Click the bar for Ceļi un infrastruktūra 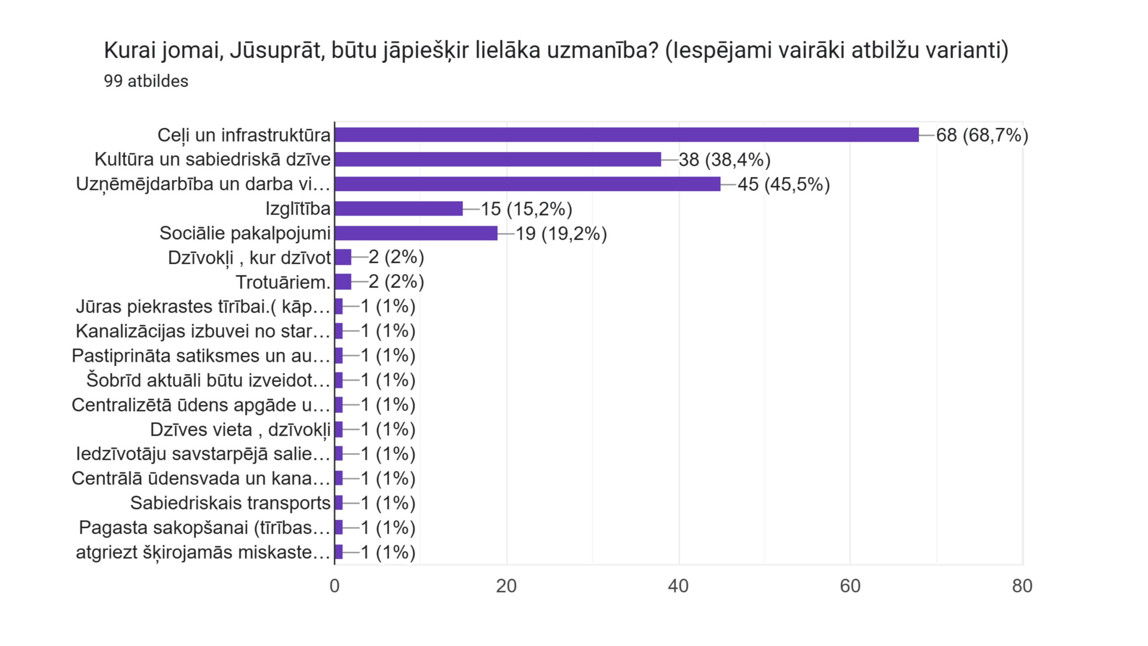(x=626, y=135)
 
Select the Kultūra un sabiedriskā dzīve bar (x=498, y=159)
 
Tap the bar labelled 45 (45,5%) (x=527, y=184)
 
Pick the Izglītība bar (x=399, y=209)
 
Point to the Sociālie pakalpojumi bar (x=416, y=233)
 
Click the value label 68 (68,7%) (x=982, y=135)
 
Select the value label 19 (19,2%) (x=561, y=234)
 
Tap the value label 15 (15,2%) (x=526, y=209)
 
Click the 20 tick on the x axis (x=506, y=586)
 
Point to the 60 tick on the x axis (x=850, y=586)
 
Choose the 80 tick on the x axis (x=1022, y=586)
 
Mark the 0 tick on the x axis (x=335, y=586)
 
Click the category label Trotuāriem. (x=283, y=282)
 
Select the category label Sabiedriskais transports (x=230, y=503)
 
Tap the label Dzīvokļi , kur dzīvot (x=249, y=258)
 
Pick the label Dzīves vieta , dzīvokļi (x=240, y=429)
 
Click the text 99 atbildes (x=146, y=81)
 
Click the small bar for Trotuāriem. (x=343, y=282)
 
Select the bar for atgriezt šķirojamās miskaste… (x=339, y=552)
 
